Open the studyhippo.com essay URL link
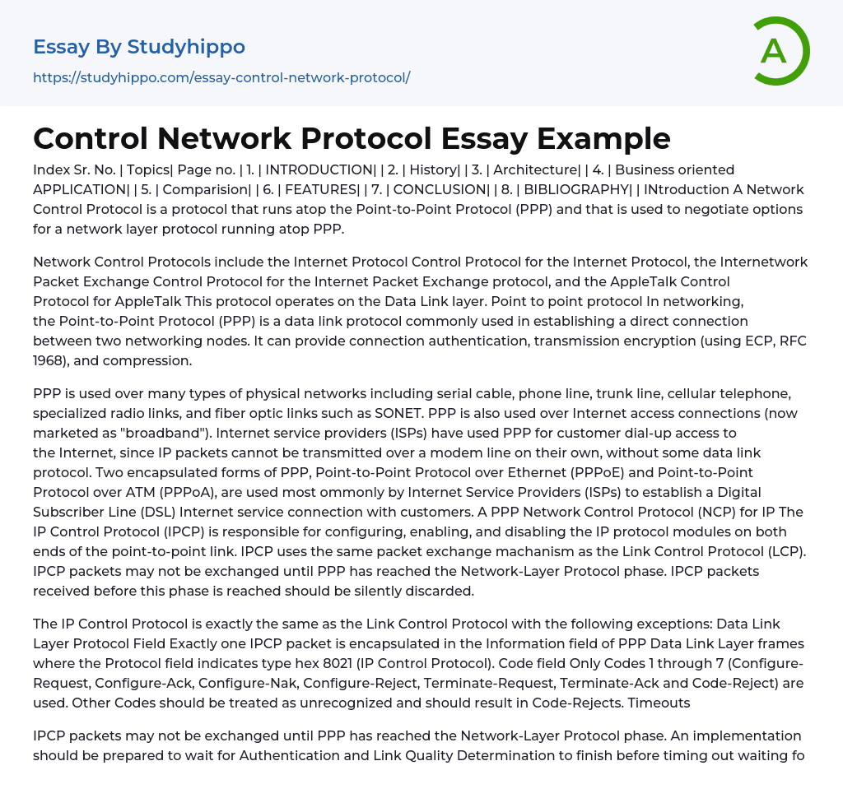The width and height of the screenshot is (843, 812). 221,77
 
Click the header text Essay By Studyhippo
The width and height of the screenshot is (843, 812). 139,47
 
